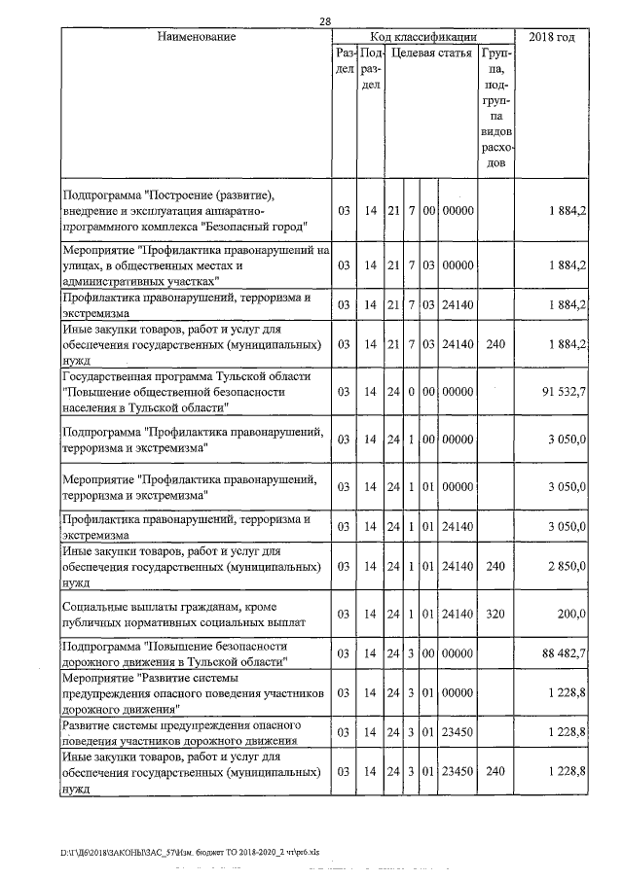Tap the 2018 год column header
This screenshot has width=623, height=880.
551,37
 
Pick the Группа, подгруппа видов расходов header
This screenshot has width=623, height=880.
495,107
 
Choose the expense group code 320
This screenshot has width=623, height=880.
495,614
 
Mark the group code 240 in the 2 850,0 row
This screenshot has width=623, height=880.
495,567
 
